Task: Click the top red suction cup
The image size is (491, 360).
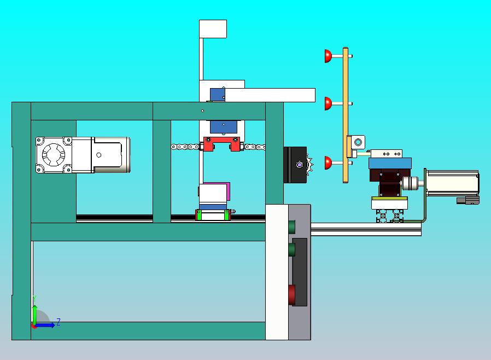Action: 328,56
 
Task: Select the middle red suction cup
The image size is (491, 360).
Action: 328,103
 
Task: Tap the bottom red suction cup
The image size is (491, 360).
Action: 328,162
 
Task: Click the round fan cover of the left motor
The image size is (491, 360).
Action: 54,155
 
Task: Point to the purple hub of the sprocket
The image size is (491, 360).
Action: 300,165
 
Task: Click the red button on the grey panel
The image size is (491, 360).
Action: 291,294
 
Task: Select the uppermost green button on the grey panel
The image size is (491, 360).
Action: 291,227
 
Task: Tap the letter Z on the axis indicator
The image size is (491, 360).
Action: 59,322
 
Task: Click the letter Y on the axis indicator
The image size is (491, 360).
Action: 34,298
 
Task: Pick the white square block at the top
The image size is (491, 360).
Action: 213,29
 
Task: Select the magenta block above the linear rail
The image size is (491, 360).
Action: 228,191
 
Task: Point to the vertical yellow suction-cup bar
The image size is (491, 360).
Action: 346,115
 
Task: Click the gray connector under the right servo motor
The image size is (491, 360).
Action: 468,201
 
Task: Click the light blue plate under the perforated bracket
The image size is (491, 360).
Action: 390,163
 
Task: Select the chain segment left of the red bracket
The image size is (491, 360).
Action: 185,147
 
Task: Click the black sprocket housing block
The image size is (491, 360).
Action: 295,165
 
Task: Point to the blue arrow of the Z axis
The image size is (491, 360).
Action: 44,325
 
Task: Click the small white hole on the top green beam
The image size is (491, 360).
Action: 203,111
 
